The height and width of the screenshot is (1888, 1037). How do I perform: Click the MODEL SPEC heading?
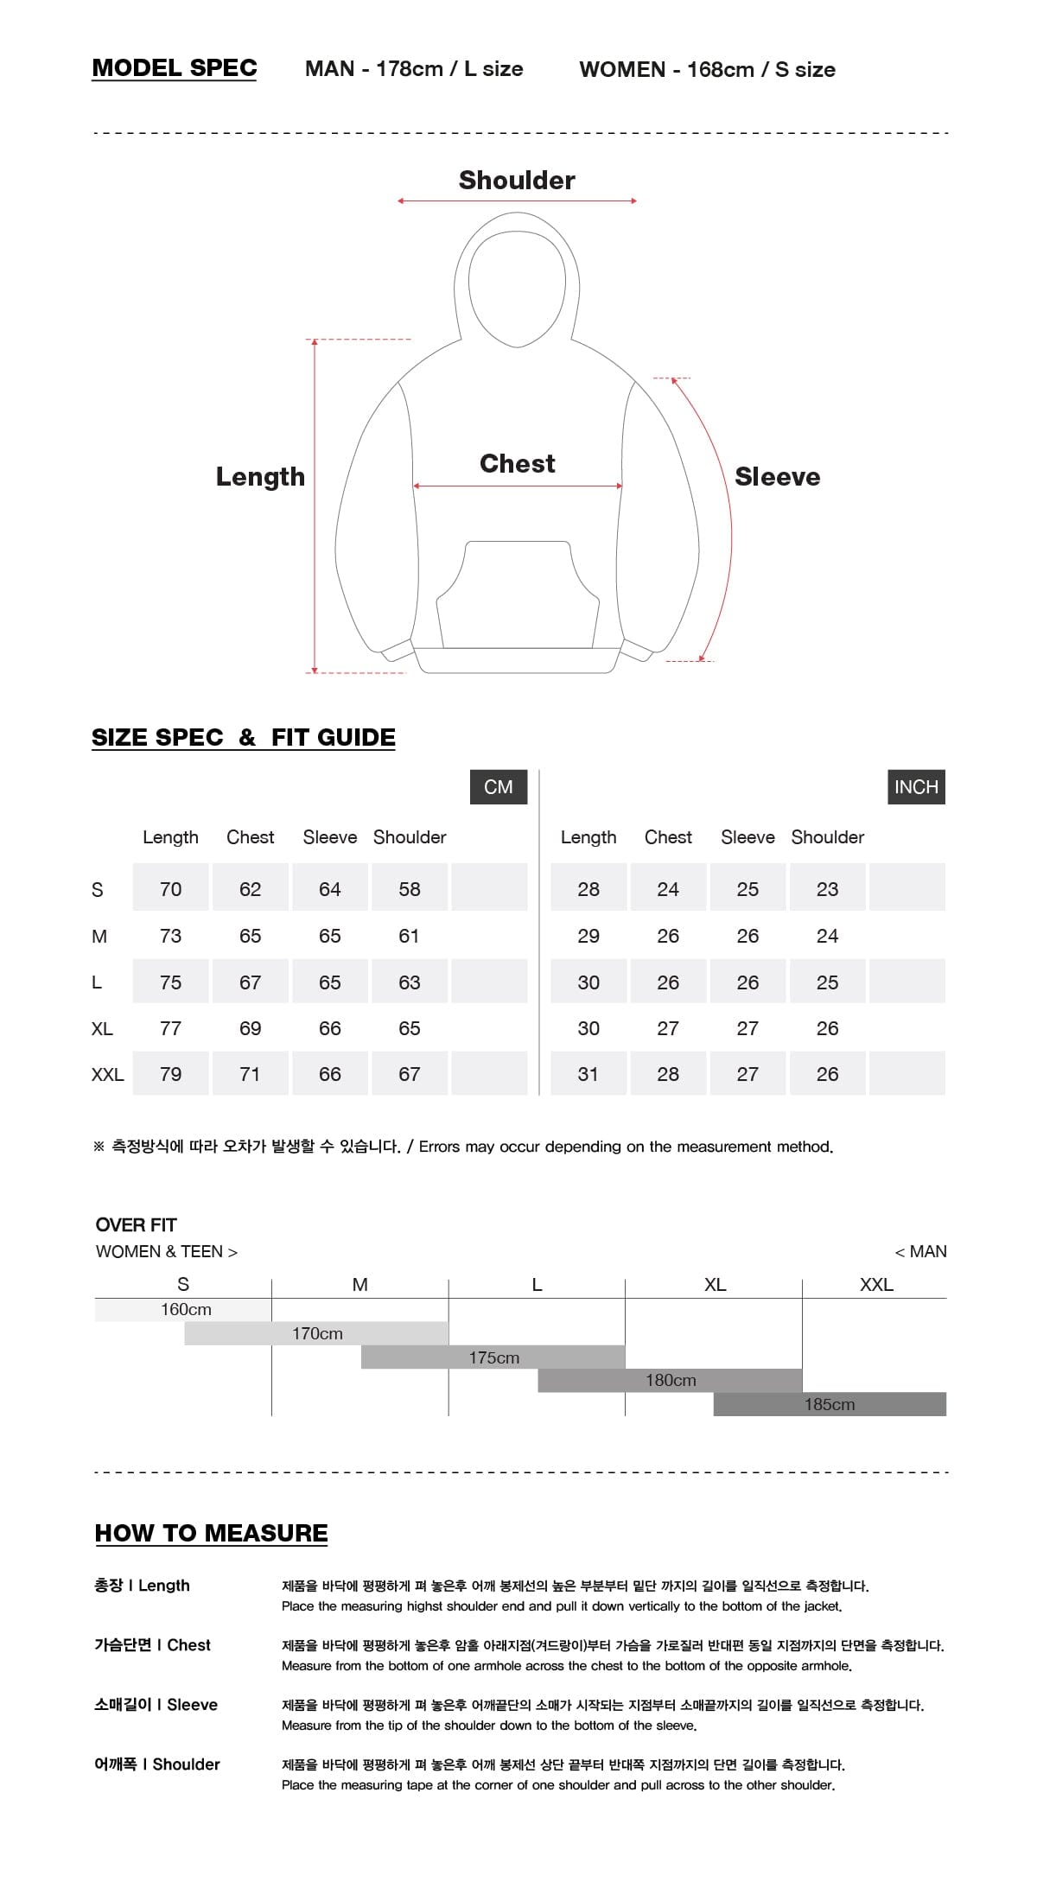175,68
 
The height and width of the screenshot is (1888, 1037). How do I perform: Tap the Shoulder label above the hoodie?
517,180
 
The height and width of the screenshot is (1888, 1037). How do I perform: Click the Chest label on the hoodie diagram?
517,463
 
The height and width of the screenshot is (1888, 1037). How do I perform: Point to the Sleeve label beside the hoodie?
777,476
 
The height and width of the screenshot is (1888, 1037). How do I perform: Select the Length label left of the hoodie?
260,476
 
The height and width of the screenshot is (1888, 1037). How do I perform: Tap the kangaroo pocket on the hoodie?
517,596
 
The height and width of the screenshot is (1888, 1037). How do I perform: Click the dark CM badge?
499,786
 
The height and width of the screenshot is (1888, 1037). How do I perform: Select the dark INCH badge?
916,786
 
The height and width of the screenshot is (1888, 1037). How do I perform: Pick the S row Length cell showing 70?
170,889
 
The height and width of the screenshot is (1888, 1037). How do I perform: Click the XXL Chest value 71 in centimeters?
250,1074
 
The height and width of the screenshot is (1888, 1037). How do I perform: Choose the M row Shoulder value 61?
410,936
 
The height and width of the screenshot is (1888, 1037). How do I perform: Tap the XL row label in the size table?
102,1028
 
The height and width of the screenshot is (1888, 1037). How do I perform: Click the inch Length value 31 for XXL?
588,1074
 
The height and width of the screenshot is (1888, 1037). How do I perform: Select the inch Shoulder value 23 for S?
827,889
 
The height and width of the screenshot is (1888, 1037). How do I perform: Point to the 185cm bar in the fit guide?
830,1404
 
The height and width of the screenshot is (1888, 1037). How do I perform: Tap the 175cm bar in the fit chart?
493,1357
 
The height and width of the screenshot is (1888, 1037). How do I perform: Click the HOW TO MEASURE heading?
212,1533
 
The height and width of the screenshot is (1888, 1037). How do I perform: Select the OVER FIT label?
137,1224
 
